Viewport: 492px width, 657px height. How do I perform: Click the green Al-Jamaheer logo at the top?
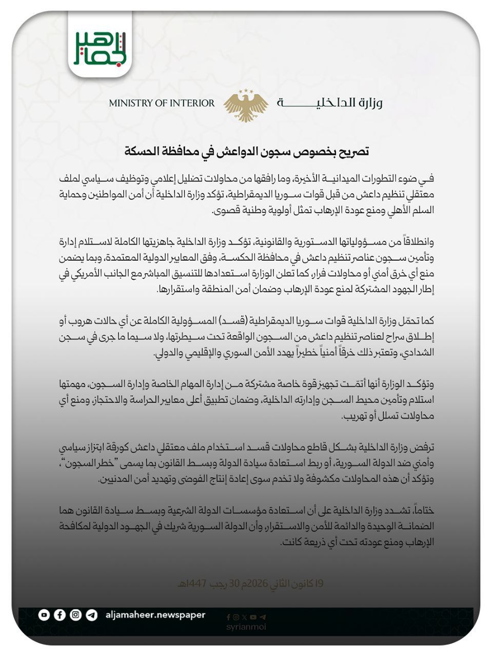click(101, 48)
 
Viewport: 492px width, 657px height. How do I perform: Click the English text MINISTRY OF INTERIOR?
click(162, 103)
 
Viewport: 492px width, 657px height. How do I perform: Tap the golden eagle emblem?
click(246, 106)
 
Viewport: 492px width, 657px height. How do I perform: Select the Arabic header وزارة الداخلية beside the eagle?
click(330, 103)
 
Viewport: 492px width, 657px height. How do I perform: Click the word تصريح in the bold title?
click(353, 152)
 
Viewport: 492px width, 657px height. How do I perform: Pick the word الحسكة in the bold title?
click(141, 152)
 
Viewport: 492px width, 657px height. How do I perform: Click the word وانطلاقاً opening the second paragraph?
click(416, 241)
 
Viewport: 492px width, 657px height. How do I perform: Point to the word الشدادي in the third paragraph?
click(417, 353)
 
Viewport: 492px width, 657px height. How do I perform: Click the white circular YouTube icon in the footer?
click(44, 615)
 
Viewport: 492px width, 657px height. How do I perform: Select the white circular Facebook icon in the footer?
click(60, 615)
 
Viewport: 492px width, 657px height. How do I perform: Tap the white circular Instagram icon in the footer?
click(76, 615)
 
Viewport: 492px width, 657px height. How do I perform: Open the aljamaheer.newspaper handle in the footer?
click(155, 615)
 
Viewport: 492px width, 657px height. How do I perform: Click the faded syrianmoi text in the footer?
click(246, 627)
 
